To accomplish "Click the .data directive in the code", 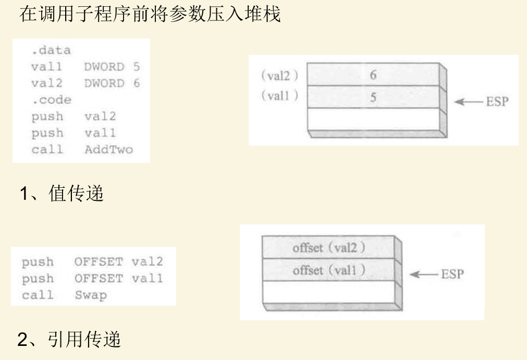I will (x=51, y=51).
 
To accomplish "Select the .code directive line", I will (x=51, y=100).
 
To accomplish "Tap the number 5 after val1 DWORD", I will (x=136, y=67).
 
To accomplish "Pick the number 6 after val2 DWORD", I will (x=136, y=83).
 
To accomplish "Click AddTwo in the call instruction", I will (x=108, y=150).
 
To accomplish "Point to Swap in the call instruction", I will (x=90, y=295).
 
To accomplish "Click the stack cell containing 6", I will (x=373, y=75).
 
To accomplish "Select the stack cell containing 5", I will (x=373, y=97).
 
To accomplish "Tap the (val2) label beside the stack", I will (x=279, y=76).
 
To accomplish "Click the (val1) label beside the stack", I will (x=279, y=97).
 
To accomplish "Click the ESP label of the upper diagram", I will (x=496, y=102).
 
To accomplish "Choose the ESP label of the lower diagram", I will (x=452, y=274).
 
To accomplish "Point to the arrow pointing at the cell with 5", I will (x=467, y=102).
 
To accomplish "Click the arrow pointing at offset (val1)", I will (x=423, y=274).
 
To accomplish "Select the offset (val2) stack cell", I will (x=328, y=248).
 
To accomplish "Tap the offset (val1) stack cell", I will (x=328, y=270).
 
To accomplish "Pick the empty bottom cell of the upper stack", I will (x=373, y=119).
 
